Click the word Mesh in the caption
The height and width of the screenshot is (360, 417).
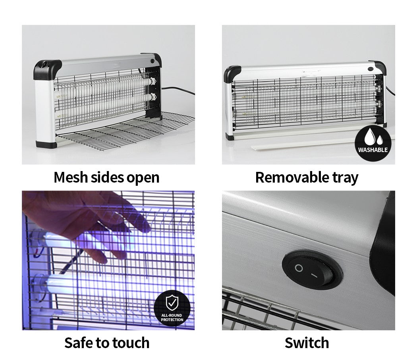click(x=70, y=177)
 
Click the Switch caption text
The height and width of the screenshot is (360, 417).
click(x=307, y=343)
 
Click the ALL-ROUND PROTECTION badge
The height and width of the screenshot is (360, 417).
click(x=172, y=308)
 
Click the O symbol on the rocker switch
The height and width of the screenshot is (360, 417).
click(x=299, y=268)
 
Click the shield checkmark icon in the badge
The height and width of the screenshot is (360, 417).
click(x=172, y=302)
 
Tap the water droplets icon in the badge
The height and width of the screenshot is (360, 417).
click(x=373, y=137)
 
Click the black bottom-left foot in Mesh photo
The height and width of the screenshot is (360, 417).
click(x=46, y=145)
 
